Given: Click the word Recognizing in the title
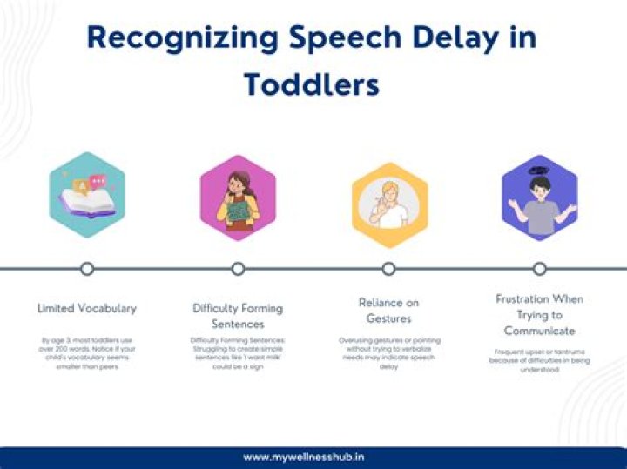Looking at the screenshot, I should [x=179, y=38].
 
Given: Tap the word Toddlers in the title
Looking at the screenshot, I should [x=312, y=84].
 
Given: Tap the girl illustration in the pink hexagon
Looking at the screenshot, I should [x=238, y=204].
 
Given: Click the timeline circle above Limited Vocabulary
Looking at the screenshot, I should [x=87, y=269].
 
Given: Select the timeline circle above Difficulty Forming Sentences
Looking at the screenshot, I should [x=238, y=269].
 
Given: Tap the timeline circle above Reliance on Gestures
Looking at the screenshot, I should [x=388, y=269].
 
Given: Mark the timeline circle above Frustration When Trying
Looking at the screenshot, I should [x=540, y=269].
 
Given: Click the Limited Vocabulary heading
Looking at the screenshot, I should [x=87, y=308].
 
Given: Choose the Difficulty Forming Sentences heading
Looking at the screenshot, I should [x=238, y=316].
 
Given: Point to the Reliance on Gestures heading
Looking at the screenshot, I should [x=388, y=311].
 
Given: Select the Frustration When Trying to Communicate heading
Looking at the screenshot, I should [x=540, y=314].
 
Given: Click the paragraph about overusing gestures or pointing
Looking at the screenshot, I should [x=388, y=353].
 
